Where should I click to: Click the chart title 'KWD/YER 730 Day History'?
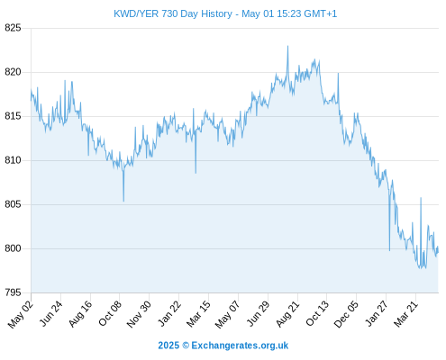click(x=173, y=13)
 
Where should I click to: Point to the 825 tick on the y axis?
click(x=13, y=28)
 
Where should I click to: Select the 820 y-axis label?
click(x=13, y=72)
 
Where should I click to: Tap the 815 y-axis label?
click(x=13, y=116)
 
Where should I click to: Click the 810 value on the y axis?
click(x=13, y=160)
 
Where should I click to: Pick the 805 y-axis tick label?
click(x=13, y=204)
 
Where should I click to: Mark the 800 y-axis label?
click(x=13, y=248)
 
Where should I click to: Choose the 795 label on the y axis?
click(x=13, y=292)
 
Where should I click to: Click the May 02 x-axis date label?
click(x=21, y=314)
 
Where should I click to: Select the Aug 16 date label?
click(x=80, y=313)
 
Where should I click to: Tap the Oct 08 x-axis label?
click(x=110, y=313)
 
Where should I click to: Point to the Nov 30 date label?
click(x=139, y=314)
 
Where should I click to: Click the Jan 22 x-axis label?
click(x=169, y=313)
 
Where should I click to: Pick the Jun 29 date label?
click(x=258, y=313)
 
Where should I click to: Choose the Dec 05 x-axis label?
click(x=346, y=314)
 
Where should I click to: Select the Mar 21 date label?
click(x=405, y=313)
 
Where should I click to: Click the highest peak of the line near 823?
click(x=287, y=46)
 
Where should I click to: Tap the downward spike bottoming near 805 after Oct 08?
click(x=123, y=201)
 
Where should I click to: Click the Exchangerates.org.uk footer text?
click(x=240, y=346)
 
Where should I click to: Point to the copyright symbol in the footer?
click(x=186, y=346)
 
